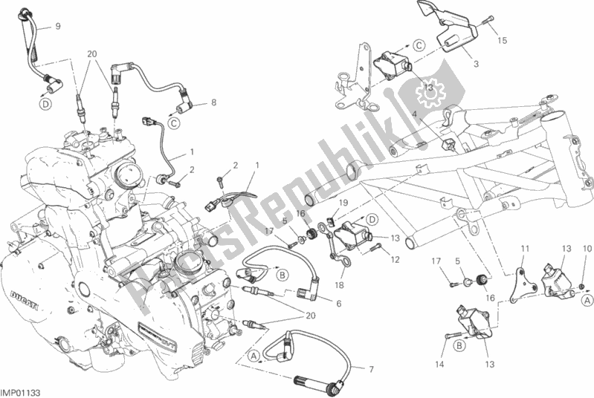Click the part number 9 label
(58, 27)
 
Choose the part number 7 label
(338, 303)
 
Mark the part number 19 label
(344, 202)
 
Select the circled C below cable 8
(173, 124)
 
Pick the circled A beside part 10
(586, 300)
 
